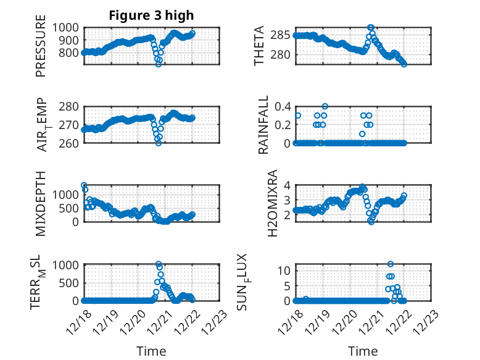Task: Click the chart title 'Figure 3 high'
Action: pyautogui.click(x=151, y=15)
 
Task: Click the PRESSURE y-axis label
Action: pyautogui.click(x=41, y=50)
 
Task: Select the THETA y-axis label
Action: pyautogui.click(x=259, y=46)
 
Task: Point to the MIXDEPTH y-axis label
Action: pyautogui.click(x=41, y=203)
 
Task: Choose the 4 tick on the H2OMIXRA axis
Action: pyautogui.click(x=286, y=185)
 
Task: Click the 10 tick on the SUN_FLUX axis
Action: pyautogui.click(x=284, y=270)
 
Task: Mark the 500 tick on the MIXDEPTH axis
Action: pyautogui.click(x=70, y=208)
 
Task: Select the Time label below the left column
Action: pyautogui.click(x=151, y=351)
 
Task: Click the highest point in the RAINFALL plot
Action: pyautogui.click(x=325, y=106)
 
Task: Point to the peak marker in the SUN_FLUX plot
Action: pyautogui.click(x=391, y=264)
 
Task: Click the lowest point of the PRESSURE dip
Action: pyautogui.click(x=159, y=64)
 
